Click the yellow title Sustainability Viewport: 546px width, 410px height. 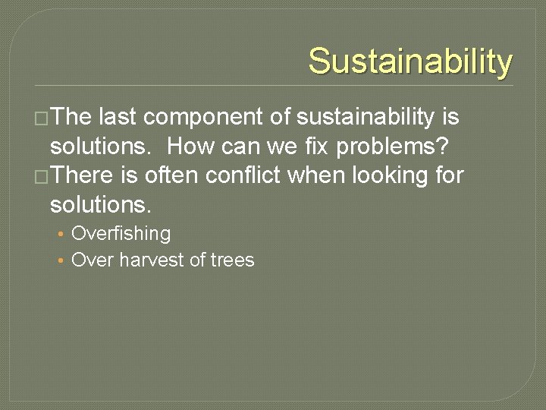click(x=410, y=61)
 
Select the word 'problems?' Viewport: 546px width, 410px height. click(x=395, y=146)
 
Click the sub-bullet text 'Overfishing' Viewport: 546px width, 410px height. click(x=121, y=234)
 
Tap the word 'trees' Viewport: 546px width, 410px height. click(x=233, y=260)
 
